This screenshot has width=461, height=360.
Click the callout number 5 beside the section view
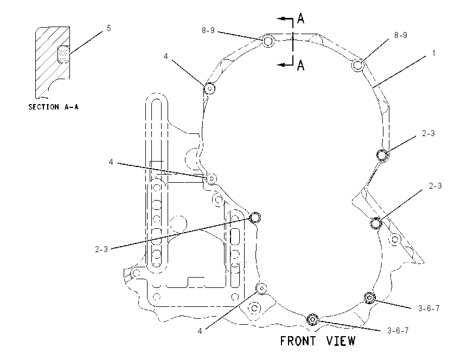[x=109, y=28]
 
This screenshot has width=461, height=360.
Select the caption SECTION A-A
[x=54, y=107]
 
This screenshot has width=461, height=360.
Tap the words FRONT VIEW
[x=317, y=341]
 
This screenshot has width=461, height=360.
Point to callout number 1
[x=433, y=53]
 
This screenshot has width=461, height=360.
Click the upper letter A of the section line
[x=300, y=18]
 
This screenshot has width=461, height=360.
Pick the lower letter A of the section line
[x=300, y=65]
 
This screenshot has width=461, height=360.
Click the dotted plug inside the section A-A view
[x=63, y=54]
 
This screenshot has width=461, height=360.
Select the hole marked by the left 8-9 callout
[x=268, y=41]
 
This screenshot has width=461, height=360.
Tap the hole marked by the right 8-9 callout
[x=358, y=65]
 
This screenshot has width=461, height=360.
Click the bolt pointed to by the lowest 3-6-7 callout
[x=312, y=319]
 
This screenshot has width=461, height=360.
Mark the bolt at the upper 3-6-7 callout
[x=369, y=298]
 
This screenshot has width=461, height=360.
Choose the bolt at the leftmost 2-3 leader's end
[x=255, y=217]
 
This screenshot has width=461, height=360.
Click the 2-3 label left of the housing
[x=101, y=249]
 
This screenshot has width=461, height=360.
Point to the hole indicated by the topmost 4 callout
[x=210, y=88]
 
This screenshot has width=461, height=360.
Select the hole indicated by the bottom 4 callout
[x=261, y=288]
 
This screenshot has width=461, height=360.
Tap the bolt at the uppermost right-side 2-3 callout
[x=382, y=155]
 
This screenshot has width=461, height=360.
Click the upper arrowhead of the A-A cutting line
[x=281, y=18]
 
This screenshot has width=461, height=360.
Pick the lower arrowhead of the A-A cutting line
[x=281, y=65]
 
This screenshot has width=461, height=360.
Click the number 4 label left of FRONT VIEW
[x=200, y=331]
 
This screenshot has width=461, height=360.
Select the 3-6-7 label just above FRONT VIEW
[x=398, y=331]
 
